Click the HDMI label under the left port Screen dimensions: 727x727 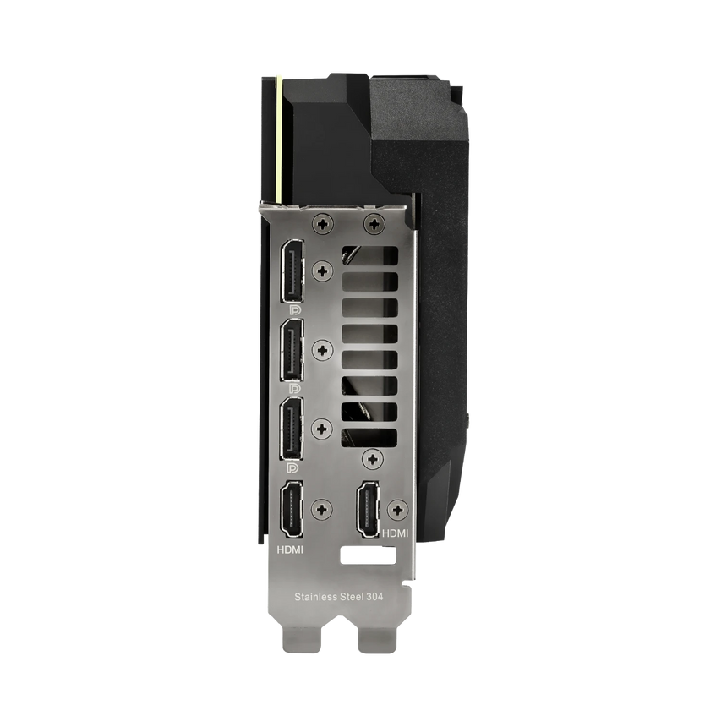click(292, 549)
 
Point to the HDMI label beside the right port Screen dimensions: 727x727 click(396, 533)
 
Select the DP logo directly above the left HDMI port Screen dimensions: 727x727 click(292, 467)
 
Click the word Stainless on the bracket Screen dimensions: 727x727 click(314, 597)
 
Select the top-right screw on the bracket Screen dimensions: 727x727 click(373, 225)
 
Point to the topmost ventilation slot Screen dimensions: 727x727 click(370, 256)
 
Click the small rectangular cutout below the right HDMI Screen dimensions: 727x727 click(369, 558)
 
